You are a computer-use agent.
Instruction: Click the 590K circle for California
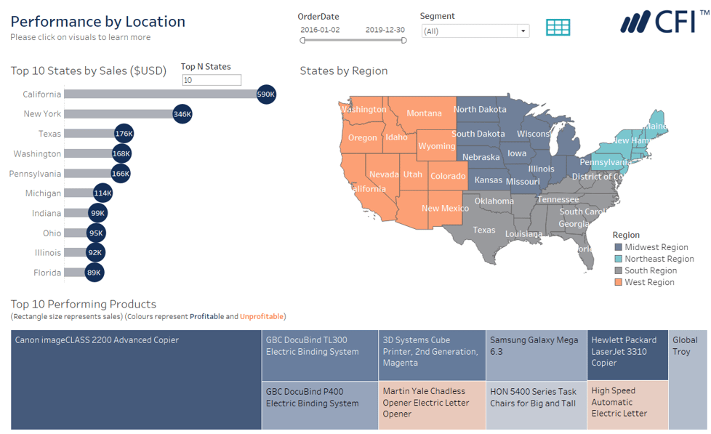(266, 95)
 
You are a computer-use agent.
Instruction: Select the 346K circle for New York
(182, 114)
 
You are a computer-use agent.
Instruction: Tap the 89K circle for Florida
(94, 273)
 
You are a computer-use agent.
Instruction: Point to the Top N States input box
(211, 80)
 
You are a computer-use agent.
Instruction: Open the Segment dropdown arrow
(523, 31)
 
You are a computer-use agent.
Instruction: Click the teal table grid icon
(558, 28)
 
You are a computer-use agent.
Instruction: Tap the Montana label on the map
(424, 113)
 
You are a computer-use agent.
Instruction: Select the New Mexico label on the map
(445, 209)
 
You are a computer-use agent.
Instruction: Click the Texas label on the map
(484, 230)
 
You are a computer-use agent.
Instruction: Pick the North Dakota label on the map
(480, 110)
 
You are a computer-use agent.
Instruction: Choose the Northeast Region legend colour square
(618, 259)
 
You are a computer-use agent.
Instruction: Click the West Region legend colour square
(618, 282)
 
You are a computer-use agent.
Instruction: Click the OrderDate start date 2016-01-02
(320, 30)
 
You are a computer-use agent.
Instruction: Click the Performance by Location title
(97, 22)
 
